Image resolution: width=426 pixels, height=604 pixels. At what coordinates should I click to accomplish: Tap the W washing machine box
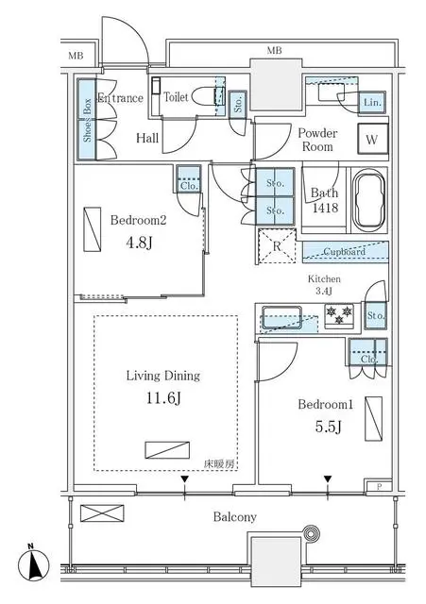(x=372, y=140)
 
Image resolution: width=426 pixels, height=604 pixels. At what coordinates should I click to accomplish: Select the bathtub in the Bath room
(x=368, y=200)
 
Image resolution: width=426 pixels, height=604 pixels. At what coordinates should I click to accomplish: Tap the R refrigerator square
(x=277, y=246)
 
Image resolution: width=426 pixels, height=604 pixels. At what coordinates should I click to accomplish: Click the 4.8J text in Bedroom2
(x=138, y=243)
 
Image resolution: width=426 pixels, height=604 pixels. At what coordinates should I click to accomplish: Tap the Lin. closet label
(x=370, y=102)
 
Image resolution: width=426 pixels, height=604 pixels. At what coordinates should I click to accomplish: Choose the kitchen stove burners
(x=338, y=314)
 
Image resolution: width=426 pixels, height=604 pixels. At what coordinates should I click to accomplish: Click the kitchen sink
(x=281, y=319)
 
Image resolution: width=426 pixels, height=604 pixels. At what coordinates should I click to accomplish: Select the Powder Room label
(x=318, y=140)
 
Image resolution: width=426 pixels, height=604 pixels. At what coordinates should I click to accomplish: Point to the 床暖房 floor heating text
(x=217, y=463)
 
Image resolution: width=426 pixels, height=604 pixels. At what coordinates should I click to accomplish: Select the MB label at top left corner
(x=76, y=57)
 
